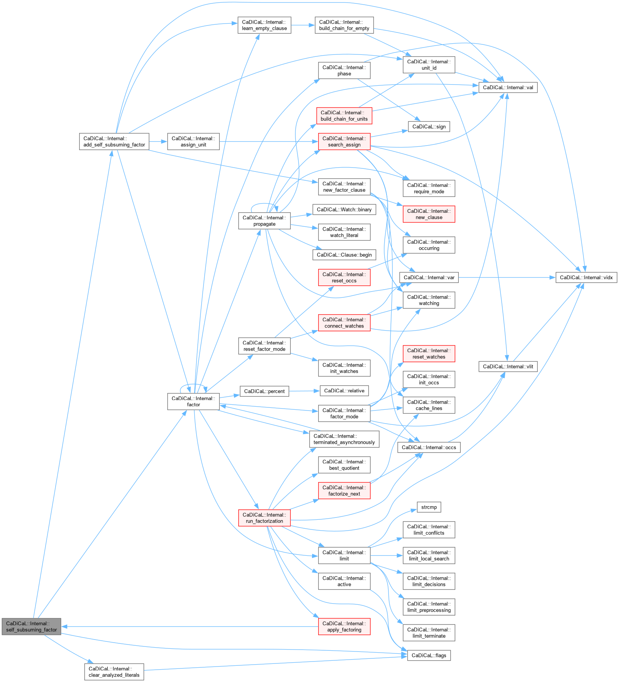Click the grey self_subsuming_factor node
point(31,626)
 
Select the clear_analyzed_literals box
point(114,672)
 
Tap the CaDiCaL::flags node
point(429,655)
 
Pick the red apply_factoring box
point(344,626)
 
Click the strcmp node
point(429,507)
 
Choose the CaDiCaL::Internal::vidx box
point(586,277)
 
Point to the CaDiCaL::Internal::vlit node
point(508,366)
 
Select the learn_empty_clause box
point(264,25)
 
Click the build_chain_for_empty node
point(344,25)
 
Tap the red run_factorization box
point(264,518)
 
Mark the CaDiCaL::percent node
point(264,391)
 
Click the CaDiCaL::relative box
point(344,391)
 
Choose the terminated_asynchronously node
point(344,439)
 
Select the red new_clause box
point(429,214)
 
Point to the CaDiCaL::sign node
point(429,126)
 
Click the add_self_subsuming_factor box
point(114,141)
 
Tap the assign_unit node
point(193,141)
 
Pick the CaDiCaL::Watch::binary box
point(344,209)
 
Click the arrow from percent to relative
point(304,391)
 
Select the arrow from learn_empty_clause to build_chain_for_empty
point(303,25)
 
